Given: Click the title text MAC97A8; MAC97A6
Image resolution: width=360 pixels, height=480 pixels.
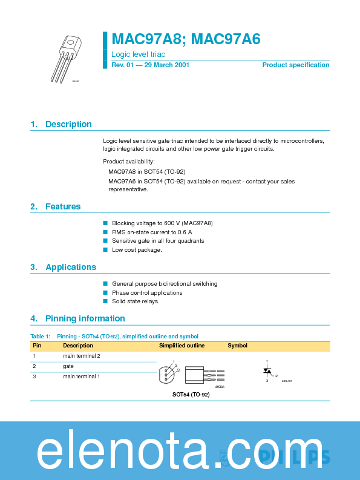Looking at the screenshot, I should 186,39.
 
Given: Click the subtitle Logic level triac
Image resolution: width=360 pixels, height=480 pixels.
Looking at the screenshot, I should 138,54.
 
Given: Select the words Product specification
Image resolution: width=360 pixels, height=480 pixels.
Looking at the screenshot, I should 295,65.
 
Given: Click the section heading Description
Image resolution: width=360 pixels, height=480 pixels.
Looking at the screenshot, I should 68,124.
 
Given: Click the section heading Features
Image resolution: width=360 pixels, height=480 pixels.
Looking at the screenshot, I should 63,206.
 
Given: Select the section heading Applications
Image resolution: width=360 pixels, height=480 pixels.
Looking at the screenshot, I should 71,267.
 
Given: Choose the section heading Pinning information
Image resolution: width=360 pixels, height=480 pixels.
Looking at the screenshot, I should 85,318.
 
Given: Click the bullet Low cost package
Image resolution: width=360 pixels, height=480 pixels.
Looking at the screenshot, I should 137,249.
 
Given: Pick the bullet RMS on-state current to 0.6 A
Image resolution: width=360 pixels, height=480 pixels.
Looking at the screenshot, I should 152,232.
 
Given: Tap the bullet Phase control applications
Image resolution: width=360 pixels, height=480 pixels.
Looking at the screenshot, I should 147,292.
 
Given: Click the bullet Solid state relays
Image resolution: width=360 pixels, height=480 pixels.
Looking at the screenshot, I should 136,301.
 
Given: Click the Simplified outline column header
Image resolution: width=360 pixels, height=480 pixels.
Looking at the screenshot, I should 182,346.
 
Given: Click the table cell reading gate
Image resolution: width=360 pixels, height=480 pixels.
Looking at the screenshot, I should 68,366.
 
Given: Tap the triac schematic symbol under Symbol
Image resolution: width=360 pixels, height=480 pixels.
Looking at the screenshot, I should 267,370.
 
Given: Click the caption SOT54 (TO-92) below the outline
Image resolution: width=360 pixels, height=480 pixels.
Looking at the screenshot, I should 191,394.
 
